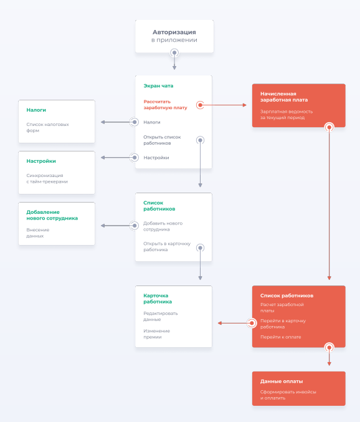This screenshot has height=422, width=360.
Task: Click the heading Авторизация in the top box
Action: pyautogui.click(x=174, y=32)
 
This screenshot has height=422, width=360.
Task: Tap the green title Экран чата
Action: pyautogui.click(x=158, y=86)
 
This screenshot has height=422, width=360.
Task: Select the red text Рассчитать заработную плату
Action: pyautogui.click(x=165, y=105)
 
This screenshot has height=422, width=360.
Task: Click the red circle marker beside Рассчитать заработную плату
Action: pyautogui.click(x=200, y=105)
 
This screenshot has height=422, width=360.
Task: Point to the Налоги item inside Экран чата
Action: pyautogui.click(x=152, y=122)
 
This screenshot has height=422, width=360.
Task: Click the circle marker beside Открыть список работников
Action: pyautogui.click(x=200, y=140)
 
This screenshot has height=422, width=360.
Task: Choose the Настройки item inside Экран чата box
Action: pyautogui.click(x=156, y=158)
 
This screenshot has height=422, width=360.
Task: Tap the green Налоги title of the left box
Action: pyautogui.click(x=36, y=110)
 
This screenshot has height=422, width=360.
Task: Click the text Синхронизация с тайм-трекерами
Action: pyautogui.click(x=47, y=178)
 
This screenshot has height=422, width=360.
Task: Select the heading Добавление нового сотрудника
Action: pyautogui.click(x=52, y=215)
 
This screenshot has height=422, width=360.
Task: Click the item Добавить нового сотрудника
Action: pyautogui.click(x=163, y=226)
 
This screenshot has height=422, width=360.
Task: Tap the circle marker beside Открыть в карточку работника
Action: pyautogui.click(x=200, y=248)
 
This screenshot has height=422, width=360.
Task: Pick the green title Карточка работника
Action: pyautogui.click(x=158, y=299)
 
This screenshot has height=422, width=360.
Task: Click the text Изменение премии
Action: pyautogui.click(x=157, y=333)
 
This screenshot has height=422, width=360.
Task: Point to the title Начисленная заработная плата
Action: pyautogui.click(x=284, y=97)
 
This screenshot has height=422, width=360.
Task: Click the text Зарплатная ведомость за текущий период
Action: pyautogui.click(x=287, y=114)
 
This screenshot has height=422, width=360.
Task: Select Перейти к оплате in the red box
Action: pyautogui.click(x=281, y=337)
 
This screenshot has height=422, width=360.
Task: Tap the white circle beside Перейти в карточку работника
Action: pyautogui.click(x=252, y=323)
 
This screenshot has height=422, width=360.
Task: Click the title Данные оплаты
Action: pyautogui.click(x=282, y=381)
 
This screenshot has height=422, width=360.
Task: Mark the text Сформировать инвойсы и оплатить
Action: pyautogui.click(x=288, y=395)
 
